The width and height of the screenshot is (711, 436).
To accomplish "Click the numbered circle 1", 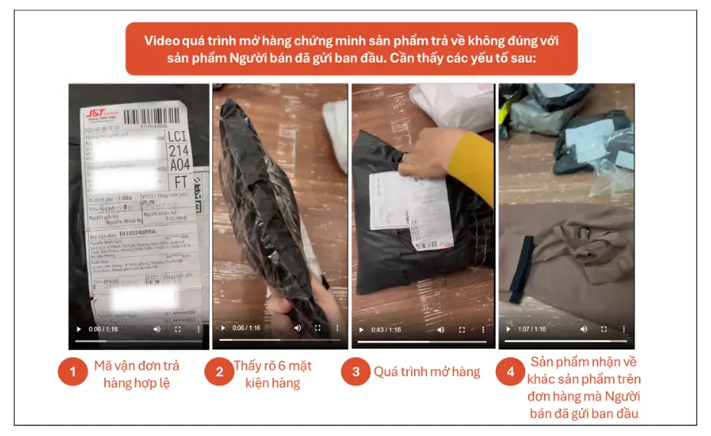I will (73, 373).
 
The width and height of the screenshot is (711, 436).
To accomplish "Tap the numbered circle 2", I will (219, 373).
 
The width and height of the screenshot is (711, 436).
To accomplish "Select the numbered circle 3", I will (356, 373).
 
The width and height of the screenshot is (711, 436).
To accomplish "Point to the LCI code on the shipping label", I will (178, 137).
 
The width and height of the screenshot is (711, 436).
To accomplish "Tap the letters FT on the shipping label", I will (181, 182).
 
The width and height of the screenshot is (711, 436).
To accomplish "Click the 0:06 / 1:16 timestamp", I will (247, 328).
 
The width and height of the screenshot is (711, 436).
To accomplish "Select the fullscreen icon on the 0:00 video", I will (178, 329).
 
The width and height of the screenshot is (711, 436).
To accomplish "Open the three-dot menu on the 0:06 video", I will (338, 329).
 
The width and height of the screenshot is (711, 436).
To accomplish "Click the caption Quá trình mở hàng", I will (426, 372).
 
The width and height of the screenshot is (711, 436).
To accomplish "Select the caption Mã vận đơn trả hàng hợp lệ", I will (138, 373).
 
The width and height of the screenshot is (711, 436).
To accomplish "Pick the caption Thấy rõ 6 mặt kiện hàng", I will (272, 373).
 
